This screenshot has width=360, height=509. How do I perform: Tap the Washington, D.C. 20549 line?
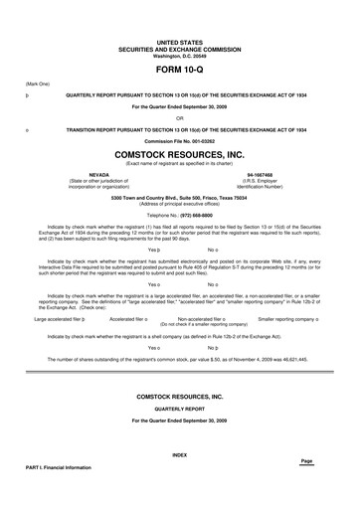[x=179, y=55]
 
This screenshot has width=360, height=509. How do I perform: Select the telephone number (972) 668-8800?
[x=179, y=214]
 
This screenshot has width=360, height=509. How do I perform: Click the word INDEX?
[x=179, y=454]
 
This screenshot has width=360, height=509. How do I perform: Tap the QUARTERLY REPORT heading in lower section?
[x=179, y=406]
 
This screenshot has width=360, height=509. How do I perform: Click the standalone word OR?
[x=179, y=118]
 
